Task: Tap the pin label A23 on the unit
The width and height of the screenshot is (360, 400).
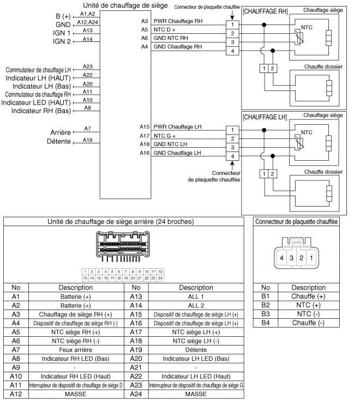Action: [87, 66]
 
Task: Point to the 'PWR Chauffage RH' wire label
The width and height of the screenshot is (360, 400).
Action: [177, 21]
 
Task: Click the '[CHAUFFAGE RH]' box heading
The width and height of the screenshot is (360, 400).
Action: [265, 11]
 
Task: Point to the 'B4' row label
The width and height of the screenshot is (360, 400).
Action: [265, 323]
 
